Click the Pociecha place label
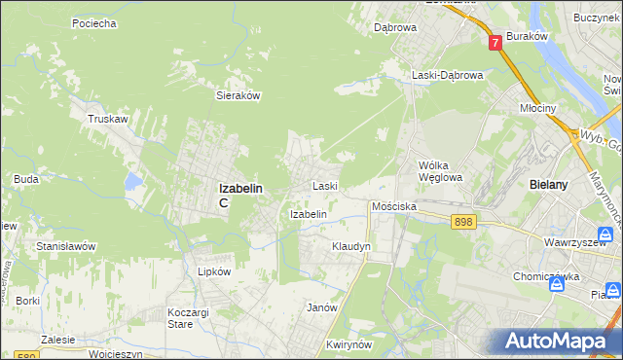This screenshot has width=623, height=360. coord(94,22)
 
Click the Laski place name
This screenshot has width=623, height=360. coord(324,186)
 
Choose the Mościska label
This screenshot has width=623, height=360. coord(394,207)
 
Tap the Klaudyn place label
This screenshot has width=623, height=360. coord(351,247)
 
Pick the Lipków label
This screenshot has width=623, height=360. coord(214,272)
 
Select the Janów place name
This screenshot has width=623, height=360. coord(321,307)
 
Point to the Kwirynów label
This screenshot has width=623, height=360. coord(351,345)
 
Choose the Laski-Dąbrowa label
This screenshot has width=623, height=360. coord(447,75)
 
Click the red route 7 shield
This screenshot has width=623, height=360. coord(495,42)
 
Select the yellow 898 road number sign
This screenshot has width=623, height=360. coord(463,223)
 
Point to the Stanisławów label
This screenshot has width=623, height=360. coord(65,247)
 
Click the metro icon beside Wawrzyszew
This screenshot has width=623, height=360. coord(606,235)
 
